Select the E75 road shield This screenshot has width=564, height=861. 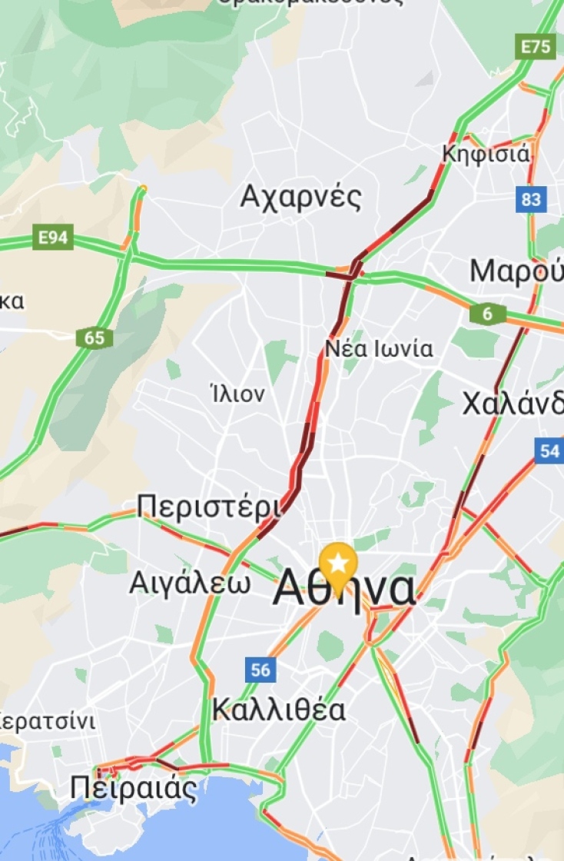pos(535,47)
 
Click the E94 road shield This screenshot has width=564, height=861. pos(53,238)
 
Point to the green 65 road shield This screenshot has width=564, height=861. pos(95,338)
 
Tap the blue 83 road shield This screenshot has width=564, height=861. pos(531,200)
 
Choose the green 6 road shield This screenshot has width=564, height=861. pos(488,314)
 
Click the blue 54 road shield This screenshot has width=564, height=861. pos(549,450)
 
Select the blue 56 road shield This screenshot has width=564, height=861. pos(260,670)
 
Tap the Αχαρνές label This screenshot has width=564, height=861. pos(300,198)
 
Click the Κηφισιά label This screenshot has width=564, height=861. pos(486,154)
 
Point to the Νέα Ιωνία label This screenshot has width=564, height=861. pos(379,349)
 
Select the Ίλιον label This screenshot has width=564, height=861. pos(237,394)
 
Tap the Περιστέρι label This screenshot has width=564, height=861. pos(208,507)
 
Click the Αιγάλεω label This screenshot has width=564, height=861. pos(189,583)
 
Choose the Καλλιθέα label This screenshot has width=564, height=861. pos(279,709)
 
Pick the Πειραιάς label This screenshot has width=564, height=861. pos(133,788)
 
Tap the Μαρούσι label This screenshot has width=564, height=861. pos(517,271)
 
